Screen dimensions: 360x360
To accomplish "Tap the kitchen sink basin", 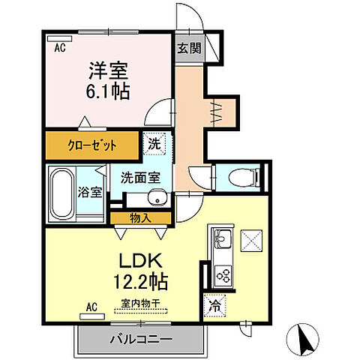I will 222,240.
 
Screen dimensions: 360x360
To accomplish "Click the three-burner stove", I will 223,273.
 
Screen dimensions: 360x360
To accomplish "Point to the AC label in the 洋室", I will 58,47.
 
